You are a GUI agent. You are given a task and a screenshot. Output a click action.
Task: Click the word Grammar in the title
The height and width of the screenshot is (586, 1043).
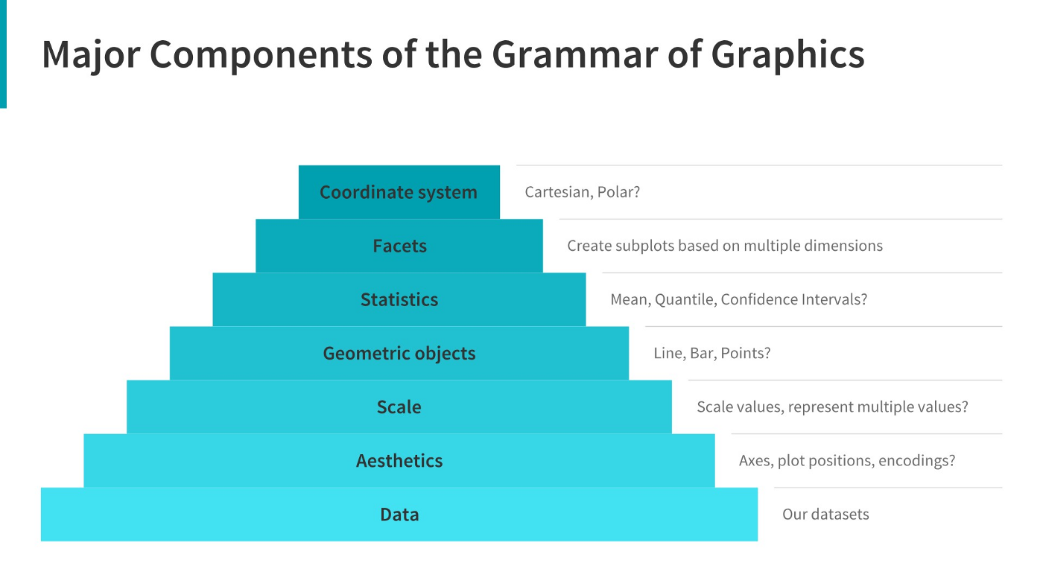(x=574, y=54)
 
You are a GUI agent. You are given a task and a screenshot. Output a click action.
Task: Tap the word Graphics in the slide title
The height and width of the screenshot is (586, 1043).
(x=788, y=54)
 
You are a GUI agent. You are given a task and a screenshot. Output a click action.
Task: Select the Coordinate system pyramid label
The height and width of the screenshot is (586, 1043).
(x=399, y=192)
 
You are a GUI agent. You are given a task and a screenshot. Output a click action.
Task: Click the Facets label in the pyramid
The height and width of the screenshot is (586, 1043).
(x=399, y=246)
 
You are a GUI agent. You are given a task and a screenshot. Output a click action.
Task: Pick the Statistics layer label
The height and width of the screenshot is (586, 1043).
(x=399, y=299)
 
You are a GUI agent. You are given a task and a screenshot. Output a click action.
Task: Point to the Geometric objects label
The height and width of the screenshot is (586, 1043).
(x=399, y=353)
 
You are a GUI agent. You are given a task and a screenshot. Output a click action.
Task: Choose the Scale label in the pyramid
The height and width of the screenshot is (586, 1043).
(x=399, y=407)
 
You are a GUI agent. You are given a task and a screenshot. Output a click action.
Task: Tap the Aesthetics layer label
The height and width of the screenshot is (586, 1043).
(x=399, y=460)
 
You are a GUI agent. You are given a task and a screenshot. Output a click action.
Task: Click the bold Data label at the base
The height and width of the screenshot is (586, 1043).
(x=399, y=514)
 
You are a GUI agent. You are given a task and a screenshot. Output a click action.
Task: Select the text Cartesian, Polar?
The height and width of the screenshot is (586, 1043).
(x=583, y=192)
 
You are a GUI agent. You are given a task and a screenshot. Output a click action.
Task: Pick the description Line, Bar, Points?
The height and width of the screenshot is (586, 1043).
(x=712, y=353)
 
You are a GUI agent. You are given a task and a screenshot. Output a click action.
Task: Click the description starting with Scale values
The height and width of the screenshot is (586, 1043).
(x=832, y=407)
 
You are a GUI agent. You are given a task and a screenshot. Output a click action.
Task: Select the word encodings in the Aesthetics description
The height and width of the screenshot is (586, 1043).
(x=916, y=460)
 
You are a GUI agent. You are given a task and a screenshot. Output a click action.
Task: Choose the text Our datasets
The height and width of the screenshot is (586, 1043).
(x=825, y=514)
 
